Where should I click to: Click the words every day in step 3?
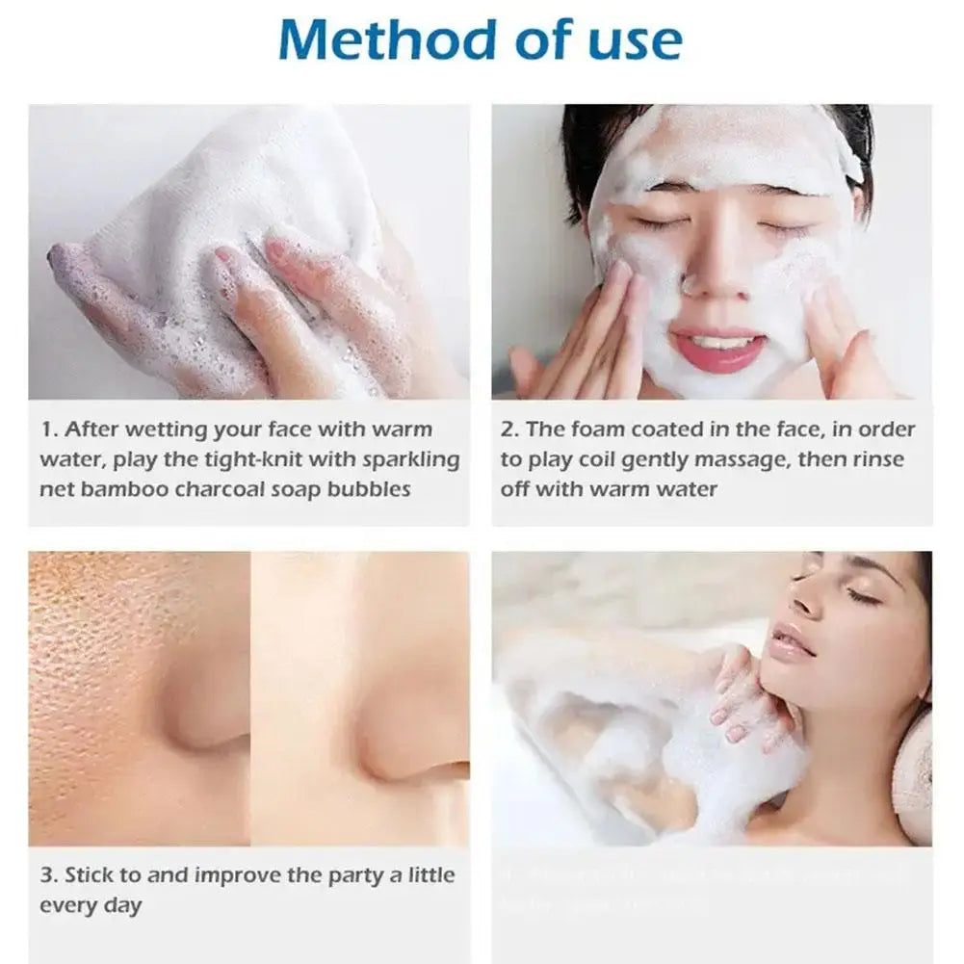[91, 905]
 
